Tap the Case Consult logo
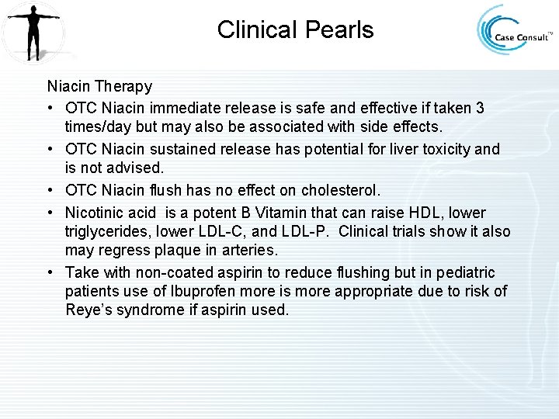(x=515, y=31)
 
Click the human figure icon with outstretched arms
(x=33, y=31)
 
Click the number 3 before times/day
(x=480, y=108)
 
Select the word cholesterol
(x=340, y=191)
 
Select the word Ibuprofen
(x=195, y=291)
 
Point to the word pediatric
(x=465, y=272)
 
